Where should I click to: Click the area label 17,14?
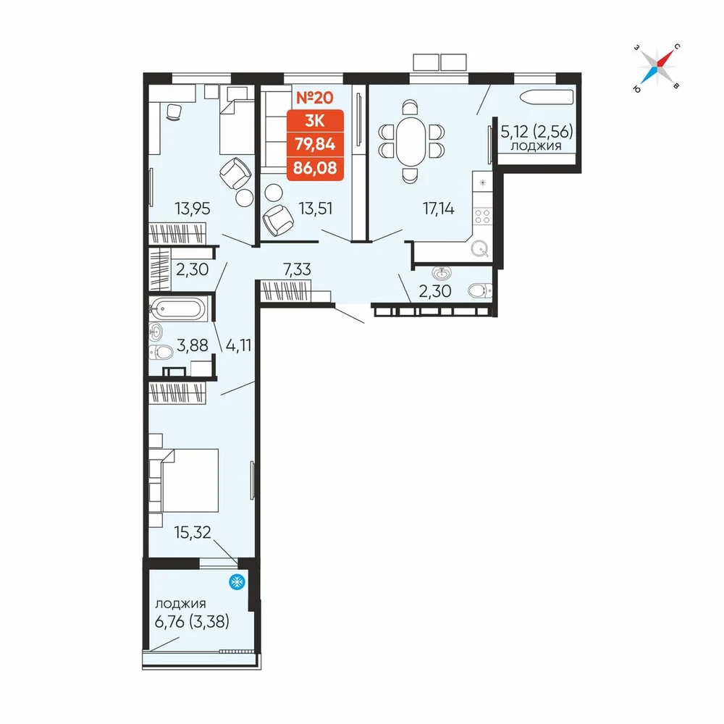pyautogui.click(x=438, y=209)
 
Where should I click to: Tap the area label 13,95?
pyautogui.click(x=193, y=209)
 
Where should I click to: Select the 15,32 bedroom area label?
pyautogui.click(x=193, y=532)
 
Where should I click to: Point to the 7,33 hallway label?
pyautogui.click(x=297, y=269)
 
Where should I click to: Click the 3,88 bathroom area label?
pyautogui.click(x=193, y=345)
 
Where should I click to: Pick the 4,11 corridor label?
pyautogui.click(x=238, y=345)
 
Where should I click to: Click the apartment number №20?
pyautogui.click(x=314, y=98)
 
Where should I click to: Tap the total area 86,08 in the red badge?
pyautogui.click(x=315, y=168)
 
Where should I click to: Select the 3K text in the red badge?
pyautogui.click(x=315, y=121)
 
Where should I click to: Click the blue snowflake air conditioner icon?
pyautogui.click(x=237, y=582)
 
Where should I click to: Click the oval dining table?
pyautogui.click(x=410, y=142)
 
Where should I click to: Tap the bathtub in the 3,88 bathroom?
pyautogui.click(x=177, y=308)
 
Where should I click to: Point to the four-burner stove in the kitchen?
pyautogui.click(x=482, y=216)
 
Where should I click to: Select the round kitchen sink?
pyautogui.click(x=480, y=249)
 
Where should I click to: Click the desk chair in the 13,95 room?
pyautogui.click(x=174, y=111)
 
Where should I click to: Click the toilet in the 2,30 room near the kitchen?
pyautogui.click(x=480, y=290)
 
